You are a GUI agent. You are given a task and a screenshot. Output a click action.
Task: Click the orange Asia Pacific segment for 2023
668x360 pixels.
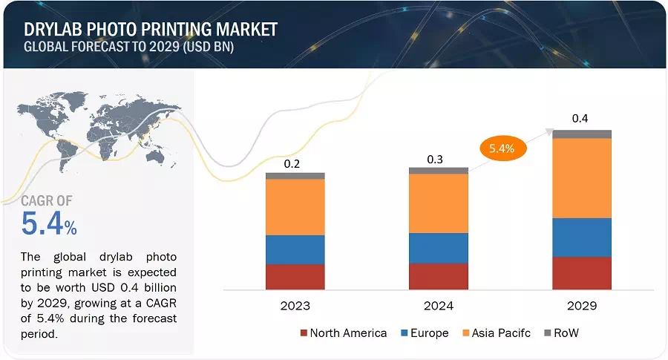(x=295, y=207)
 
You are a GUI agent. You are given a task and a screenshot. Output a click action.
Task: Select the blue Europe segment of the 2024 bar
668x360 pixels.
(x=439, y=248)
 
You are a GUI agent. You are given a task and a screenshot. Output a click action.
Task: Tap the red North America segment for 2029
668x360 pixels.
(x=582, y=272)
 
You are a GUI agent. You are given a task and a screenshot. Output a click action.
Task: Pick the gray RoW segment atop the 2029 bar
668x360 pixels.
(x=582, y=134)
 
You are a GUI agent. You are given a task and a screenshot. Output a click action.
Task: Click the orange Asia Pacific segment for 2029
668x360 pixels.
(x=582, y=178)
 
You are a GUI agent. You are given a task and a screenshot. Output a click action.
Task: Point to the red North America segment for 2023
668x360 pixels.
(x=295, y=276)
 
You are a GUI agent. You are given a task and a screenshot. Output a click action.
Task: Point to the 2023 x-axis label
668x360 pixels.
(x=295, y=306)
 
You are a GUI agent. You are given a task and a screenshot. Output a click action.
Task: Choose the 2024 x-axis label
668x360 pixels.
(x=439, y=306)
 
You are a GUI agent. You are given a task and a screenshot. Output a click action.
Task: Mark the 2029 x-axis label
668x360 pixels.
(x=582, y=306)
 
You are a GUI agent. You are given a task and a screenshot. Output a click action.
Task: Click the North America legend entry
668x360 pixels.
(x=343, y=333)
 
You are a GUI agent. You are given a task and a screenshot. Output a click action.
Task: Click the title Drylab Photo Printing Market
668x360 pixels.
(x=151, y=30)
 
